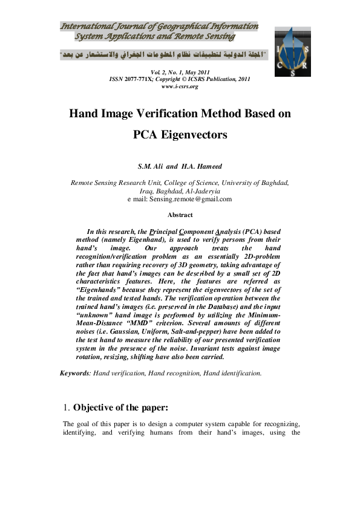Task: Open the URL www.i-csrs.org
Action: click(x=180, y=86)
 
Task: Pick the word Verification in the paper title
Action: click(x=182, y=113)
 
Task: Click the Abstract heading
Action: click(x=180, y=215)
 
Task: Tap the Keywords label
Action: click(x=75, y=373)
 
